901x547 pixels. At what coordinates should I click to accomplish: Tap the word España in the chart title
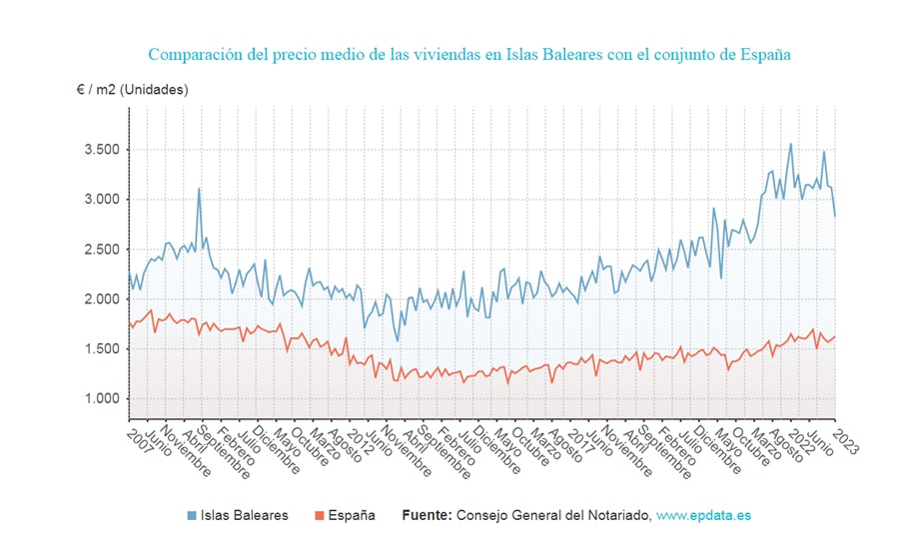point(764,54)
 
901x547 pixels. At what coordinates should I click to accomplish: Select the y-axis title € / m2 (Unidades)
point(132,89)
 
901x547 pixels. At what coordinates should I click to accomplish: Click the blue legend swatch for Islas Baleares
point(192,516)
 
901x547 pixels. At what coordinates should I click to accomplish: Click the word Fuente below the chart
point(427,516)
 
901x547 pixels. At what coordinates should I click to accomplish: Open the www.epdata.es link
point(703,516)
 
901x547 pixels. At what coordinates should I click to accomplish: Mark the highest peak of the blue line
point(791,144)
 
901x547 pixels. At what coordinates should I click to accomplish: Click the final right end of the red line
point(835,336)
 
